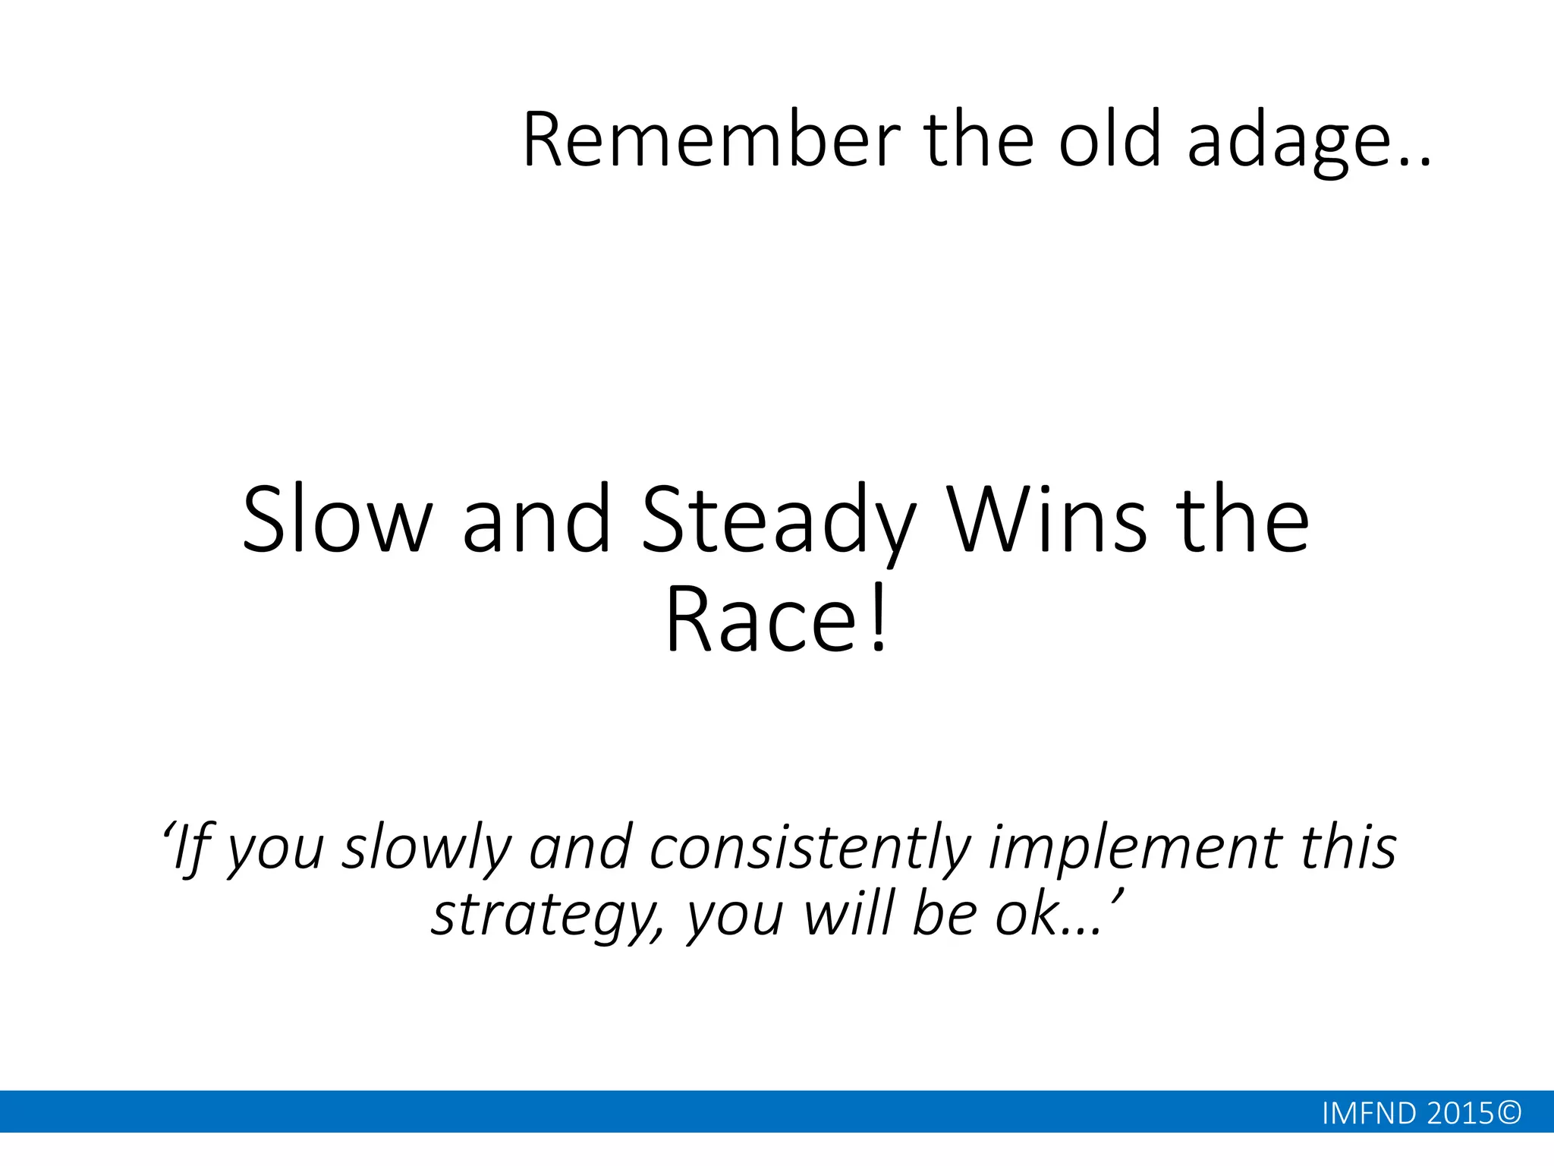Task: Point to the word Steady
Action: click(x=779, y=522)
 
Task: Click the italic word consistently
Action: click(x=810, y=849)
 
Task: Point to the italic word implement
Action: click(x=1134, y=847)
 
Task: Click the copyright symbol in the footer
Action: click(x=1509, y=1114)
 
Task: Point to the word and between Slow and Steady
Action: click(x=536, y=520)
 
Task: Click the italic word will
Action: click(x=849, y=914)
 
